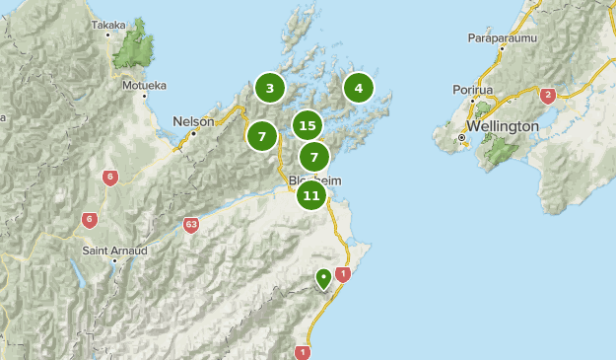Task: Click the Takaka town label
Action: [107, 25]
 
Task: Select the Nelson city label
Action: [193, 121]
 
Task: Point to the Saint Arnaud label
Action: [114, 251]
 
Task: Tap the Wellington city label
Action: [504, 127]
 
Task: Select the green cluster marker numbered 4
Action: [358, 89]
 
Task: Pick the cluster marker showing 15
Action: [308, 125]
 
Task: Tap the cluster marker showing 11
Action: [311, 195]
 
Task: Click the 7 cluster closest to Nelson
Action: [262, 136]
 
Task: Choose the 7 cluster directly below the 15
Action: [313, 157]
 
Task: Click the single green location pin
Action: [323, 279]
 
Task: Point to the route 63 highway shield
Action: [191, 226]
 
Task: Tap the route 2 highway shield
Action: [548, 96]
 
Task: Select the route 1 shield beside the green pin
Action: [343, 274]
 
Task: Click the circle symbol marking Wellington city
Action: [460, 137]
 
